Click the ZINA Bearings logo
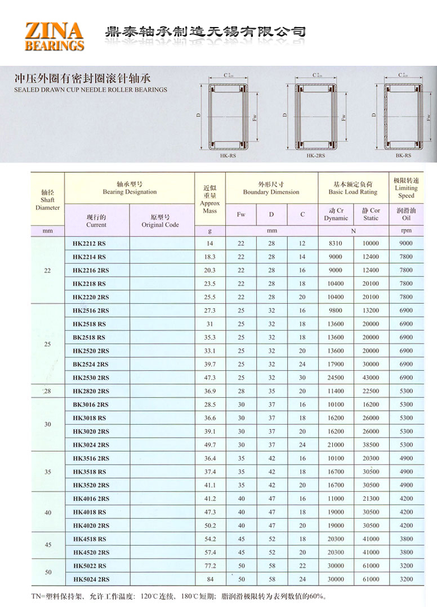54,36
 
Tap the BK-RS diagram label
403,156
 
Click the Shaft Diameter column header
47,200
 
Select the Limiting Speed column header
406,188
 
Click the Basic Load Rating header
353,188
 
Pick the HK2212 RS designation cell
89,244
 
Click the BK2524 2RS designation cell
91,365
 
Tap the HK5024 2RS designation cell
91,579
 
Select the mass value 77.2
209,566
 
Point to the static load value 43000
371,378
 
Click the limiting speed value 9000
405,244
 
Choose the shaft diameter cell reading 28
47,391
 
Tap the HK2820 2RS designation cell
91,392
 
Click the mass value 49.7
209,445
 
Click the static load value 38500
371,445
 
